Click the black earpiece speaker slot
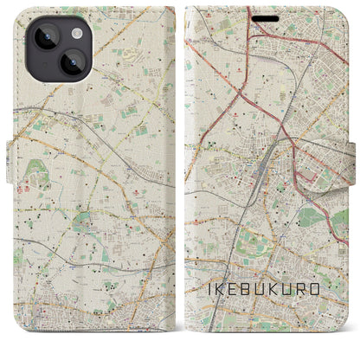click(266, 18)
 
